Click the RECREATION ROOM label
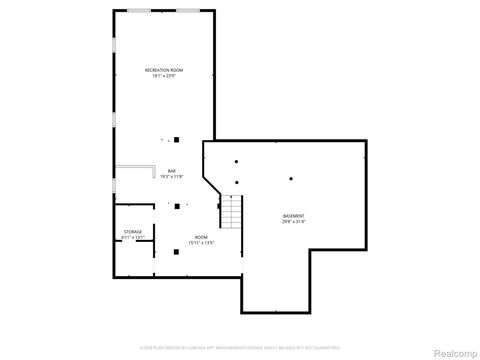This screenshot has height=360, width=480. pyautogui.click(x=164, y=70)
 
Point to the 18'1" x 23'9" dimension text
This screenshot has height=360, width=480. pyautogui.click(x=164, y=76)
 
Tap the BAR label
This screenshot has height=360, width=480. pyautogui.click(x=171, y=169)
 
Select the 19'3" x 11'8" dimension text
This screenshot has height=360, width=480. pyautogui.click(x=171, y=176)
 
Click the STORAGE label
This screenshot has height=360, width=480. pyautogui.click(x=133, y=231)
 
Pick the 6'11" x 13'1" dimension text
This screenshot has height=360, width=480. pyautogui.click(x=133, y=237)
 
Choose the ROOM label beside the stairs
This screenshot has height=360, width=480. pyautogui.click(x=201, y=237)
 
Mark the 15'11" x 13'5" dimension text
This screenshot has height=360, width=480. pyautogui.click(x=201, y=243)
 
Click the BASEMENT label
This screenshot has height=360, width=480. pyautogui.click(x=294, y=216)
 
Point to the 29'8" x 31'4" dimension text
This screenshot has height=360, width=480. pyautogui.click(x=294, y=222)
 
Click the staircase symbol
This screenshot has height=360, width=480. pyautogui.click(x=232, y=211)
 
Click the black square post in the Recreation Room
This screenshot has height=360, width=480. pyautogui.click(x=176, y=139)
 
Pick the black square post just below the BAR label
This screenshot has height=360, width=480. pyautogui.click(x=176, y=206)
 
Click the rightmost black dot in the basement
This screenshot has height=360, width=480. pyautogui.click(x=290, y=179)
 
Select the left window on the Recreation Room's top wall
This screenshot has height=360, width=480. pyautogui.click(x=139, y=10)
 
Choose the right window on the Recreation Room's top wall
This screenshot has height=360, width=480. pyautogui.click(x=187, y=10)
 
